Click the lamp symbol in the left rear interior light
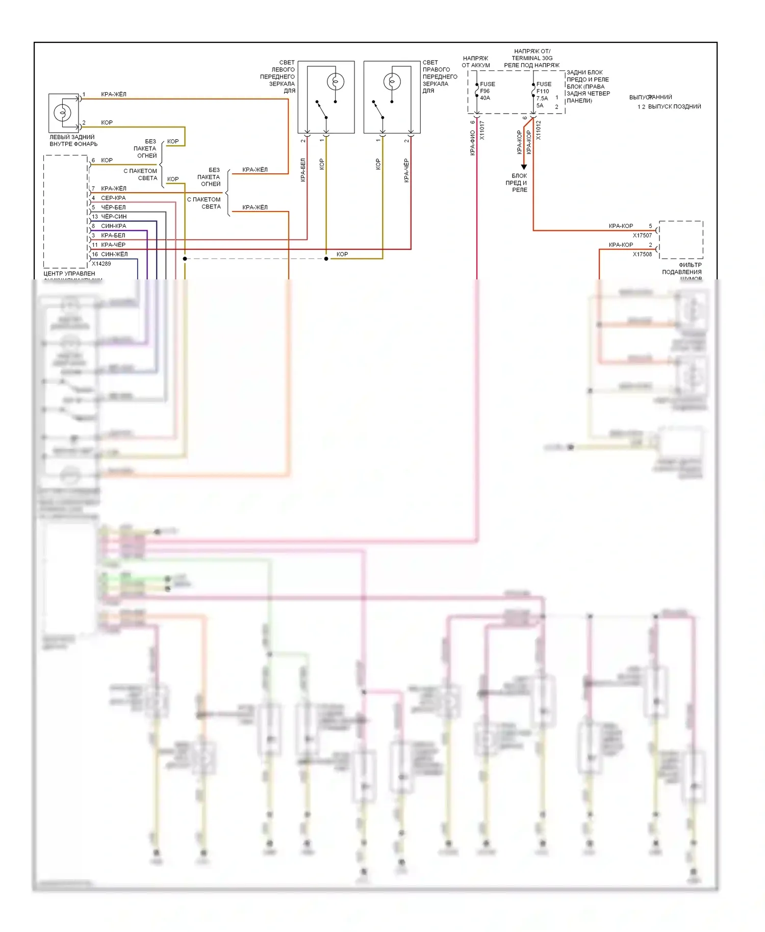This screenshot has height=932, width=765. (62, 112)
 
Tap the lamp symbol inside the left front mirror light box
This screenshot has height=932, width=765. (335, 82)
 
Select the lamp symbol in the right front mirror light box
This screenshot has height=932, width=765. (392, 82)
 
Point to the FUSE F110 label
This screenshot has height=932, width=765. (543, 87)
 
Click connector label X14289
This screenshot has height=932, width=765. (101, 264)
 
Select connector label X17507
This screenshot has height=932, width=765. (642, 236)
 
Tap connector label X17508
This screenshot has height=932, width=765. (642, 254)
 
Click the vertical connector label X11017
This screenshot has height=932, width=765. (482, 131)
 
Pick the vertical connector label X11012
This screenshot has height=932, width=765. (539, 131)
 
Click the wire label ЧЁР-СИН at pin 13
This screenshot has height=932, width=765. (114, 217)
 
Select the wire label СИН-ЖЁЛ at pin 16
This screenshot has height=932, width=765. (114, 254)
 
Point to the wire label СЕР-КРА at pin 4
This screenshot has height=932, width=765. (113, 198)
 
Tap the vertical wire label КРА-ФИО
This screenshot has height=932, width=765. (473, 143)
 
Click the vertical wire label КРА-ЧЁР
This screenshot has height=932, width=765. (406, 170)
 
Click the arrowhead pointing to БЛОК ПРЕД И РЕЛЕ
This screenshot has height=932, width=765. (524, 167)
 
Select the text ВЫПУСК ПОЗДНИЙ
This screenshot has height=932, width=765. (674, 107)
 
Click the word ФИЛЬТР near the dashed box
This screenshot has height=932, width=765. (690, 265)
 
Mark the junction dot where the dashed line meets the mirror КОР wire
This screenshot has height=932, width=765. (326, 258)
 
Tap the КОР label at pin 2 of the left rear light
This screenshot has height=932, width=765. (107, 123)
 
